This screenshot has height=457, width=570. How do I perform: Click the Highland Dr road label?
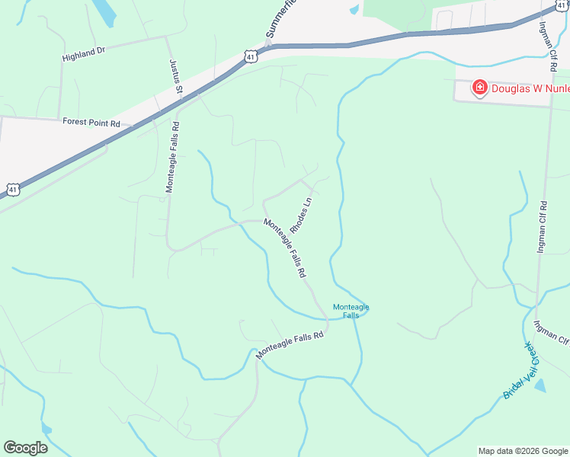(83, 53)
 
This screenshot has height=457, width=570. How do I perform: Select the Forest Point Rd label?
(91, 123)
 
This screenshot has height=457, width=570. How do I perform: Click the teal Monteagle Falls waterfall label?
(351, 311)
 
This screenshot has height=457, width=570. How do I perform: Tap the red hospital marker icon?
(480, 88)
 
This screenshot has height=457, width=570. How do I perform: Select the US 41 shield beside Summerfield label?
(251, 55)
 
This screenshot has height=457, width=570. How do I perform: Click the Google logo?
(25, 448)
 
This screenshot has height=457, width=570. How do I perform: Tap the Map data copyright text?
(523, 451)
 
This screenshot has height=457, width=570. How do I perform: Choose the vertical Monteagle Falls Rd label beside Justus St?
(173, 157)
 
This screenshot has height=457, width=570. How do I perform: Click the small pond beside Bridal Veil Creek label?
(540, 386)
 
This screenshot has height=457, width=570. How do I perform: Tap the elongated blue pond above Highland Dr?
(105, 11)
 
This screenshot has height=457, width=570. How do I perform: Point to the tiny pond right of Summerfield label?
(354, 10)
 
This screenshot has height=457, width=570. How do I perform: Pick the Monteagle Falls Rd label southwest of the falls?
(290, 344)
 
